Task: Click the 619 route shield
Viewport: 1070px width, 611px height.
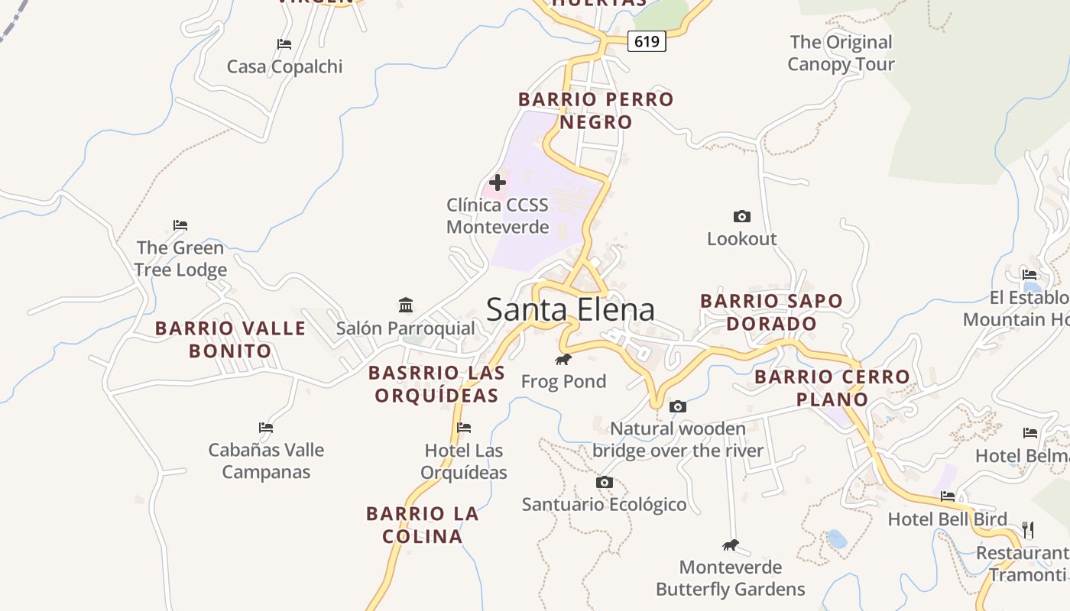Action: [647, 41]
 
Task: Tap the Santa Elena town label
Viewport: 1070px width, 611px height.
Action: [570, 309]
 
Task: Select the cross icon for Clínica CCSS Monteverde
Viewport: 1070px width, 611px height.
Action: [498, 183]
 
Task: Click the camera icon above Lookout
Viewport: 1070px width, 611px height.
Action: [741, 216]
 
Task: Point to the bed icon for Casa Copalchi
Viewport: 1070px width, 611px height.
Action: [284, 44]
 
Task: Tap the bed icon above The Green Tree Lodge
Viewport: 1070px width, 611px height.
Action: [180, 225]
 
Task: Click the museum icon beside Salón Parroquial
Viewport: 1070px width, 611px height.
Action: [406, 305]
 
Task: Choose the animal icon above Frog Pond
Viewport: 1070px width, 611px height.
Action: [563, 359]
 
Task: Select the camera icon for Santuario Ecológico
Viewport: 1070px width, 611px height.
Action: [604, 482]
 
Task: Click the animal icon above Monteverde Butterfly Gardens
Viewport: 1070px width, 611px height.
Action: [731, 545]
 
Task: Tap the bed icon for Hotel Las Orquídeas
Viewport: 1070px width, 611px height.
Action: [463, 428]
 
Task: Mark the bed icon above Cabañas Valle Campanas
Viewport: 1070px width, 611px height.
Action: [266, 428]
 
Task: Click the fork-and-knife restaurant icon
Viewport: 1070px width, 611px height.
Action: [1028, 529]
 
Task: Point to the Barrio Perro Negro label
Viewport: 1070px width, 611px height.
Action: [596, 111]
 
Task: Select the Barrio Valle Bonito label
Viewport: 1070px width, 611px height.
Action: [230, 340]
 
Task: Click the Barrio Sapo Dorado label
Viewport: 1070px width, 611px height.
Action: [771, 312]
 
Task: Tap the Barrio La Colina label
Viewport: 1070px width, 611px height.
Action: [423, 525]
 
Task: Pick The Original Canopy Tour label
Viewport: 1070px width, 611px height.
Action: [841, 53]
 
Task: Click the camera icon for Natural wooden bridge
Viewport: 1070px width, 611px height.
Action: [677, 406]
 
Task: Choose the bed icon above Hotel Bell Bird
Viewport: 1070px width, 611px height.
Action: [948, 496]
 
